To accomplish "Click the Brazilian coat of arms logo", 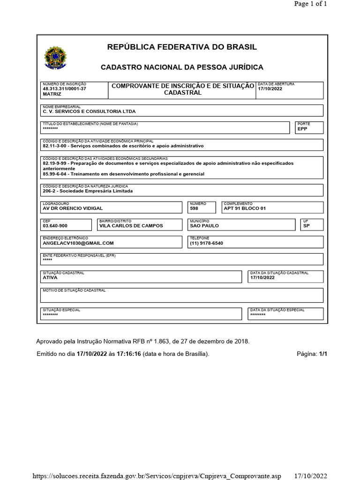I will (x=56, y=59).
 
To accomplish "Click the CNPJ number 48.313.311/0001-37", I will (x=64, y=89).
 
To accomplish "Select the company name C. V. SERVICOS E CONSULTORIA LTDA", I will (x=89, y=112).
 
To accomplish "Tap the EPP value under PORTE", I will (x=302, y=128).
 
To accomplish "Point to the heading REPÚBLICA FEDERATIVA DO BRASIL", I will (x=182, y=47).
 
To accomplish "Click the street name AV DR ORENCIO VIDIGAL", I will (x=73, y=208).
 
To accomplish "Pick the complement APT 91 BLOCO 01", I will (x=245, y=208).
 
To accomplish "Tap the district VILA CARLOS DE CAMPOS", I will (x=131, y=225).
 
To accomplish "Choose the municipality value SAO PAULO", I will (x=204, y=225).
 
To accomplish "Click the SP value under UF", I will (x=307, y=225).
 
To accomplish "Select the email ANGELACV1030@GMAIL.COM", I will (x=78, y=243).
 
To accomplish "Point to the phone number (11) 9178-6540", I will (x=207, y=243).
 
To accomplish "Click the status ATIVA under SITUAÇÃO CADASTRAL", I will (x=50, y=277).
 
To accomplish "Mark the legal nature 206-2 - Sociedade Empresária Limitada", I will (x=88, y=191).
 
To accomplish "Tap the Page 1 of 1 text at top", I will (x=310, y=4).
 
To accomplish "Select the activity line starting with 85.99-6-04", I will (x=123, y=174).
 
